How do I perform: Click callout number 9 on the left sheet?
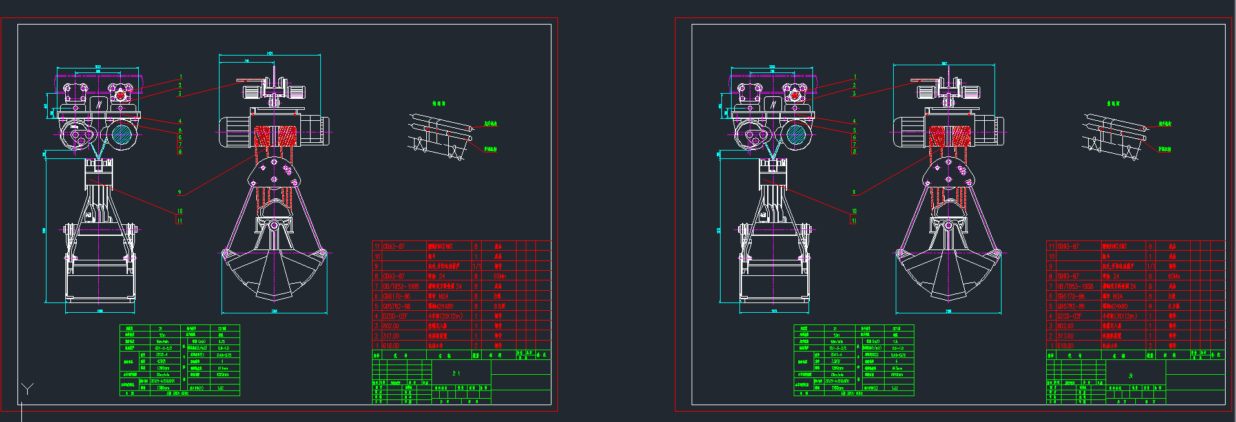(x=180, y=192)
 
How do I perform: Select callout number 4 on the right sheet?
(x=854, y=121)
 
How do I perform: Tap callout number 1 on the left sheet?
(x=181, y=77)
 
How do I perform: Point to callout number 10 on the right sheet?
(x=854, y=211)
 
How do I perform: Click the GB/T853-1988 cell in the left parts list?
(x=400, y=286)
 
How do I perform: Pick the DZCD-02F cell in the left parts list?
(x=395, y=316)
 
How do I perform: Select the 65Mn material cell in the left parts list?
(x=499, y=276)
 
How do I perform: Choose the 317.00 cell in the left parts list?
(x=391, y=336)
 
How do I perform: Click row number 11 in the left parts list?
(x=376, y=246)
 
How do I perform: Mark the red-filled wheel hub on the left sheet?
(x=119, y=95)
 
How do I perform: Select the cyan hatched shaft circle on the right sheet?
(x=795, y=135)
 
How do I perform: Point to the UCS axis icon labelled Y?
(x=27, y=388)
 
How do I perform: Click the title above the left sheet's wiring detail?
(x=438, y=103)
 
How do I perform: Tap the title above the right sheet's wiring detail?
(x=1113, y=103)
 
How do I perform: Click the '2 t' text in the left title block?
(x=456, y=374)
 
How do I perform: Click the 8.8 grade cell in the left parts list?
(x=499, y=306)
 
